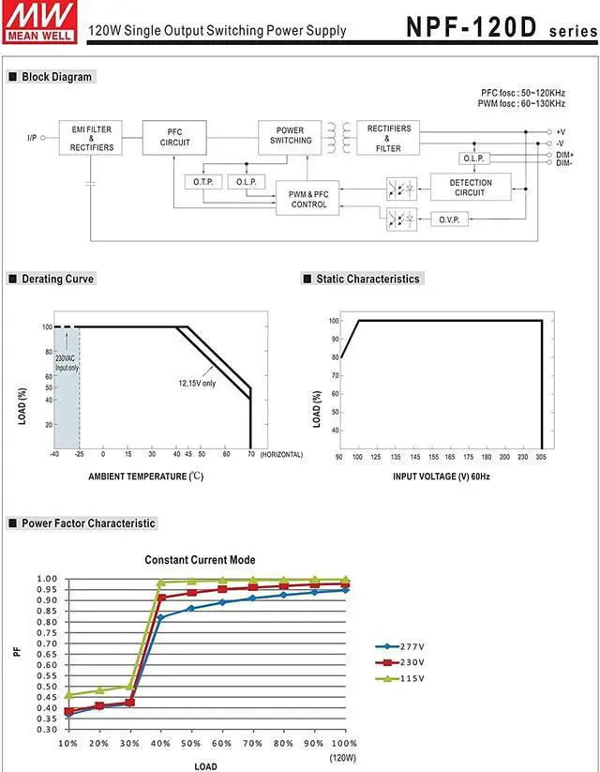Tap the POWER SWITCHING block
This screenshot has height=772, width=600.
point(291,135)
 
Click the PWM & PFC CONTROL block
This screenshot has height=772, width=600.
point(308,199)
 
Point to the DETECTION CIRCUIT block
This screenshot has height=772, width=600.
point(470,188)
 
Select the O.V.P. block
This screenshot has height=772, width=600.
point(448,219)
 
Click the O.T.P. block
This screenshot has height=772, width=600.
point(202,181)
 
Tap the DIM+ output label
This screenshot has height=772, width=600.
point(564,154)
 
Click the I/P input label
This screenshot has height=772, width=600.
point(33,139)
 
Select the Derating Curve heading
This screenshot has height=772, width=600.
point(57,279)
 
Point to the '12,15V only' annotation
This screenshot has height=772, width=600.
point(197,383)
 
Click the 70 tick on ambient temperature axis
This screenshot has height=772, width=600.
point(251,454)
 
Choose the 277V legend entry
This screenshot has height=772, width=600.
point(404,647)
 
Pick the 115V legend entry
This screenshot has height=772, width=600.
point(404,677)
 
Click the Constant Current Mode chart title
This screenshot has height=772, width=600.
point(200,560)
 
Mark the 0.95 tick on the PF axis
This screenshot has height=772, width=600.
point(47,590)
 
